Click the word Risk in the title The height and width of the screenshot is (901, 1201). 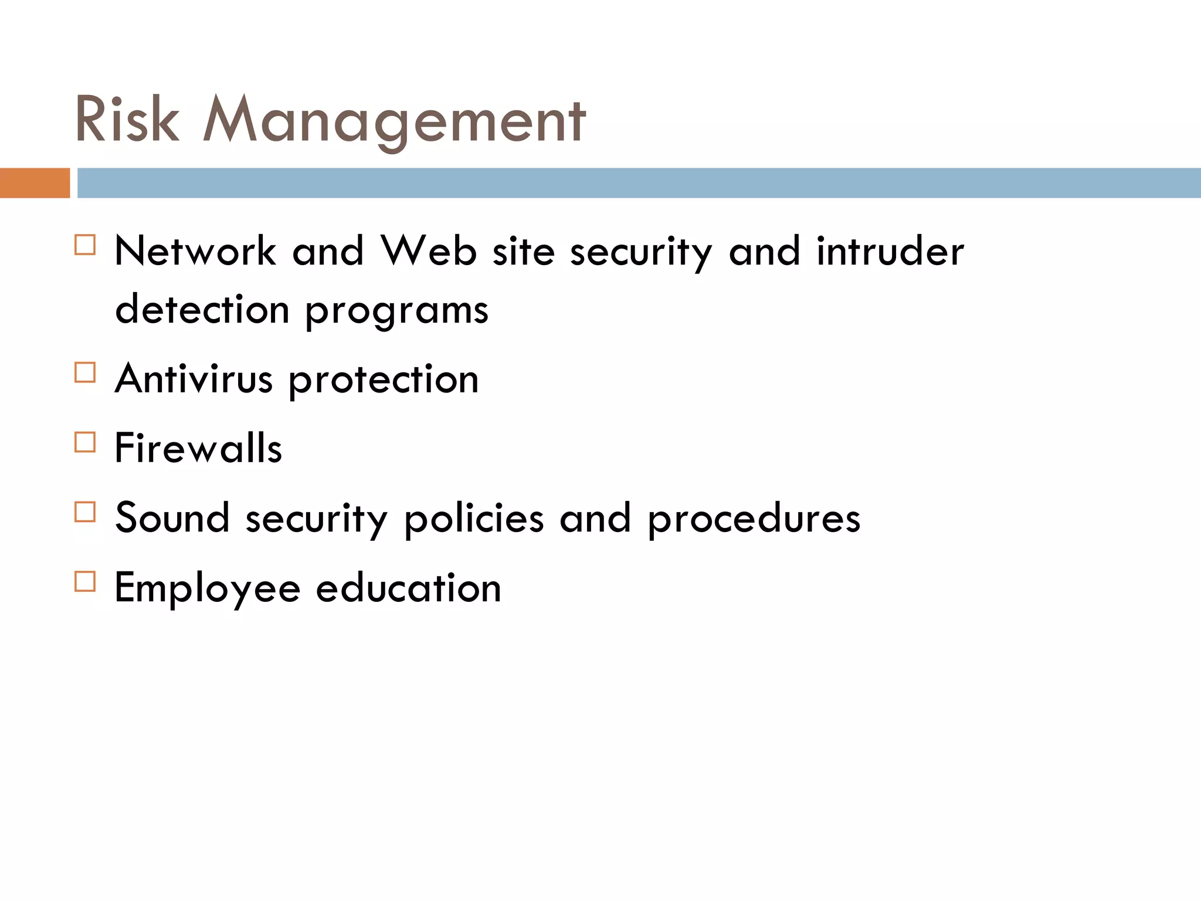click(x=127, y=120)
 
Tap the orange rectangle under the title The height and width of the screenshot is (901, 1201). click(x=35, y=183)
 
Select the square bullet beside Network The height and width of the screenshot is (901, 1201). click(x=85, y=245)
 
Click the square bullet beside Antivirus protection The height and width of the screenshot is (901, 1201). click(x=85, y=372)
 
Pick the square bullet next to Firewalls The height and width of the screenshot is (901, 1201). click(x=85, y=442)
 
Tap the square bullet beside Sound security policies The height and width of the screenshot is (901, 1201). click(x=85, y=512)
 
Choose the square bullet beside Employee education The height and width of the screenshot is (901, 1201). click(x=85, y=581)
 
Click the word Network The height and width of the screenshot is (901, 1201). click(x=195, y=251)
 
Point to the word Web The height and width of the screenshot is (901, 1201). click(x=429, y=251)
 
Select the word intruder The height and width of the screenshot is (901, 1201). click(x=890, y=251)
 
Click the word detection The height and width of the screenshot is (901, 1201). click(x=202, y=309)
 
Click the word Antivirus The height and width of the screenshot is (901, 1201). click(x=194, y=379)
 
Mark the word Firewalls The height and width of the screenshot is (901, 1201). click(x=198, y=448)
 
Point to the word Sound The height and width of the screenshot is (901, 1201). click(x=172, y=518)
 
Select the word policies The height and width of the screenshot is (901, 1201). click(x=474, y=520)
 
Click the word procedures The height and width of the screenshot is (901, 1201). click(x=754, y=520)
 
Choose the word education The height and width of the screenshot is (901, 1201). click(x=409, y=588)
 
